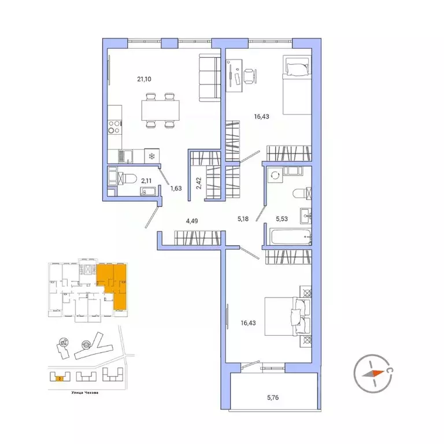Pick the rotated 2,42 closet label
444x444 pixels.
[198, 183]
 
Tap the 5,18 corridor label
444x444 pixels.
[243, 220]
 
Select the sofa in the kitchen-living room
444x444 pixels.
[207, 78]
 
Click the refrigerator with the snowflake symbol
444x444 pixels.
[151, 156]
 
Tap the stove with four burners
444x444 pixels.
[114, 126]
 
